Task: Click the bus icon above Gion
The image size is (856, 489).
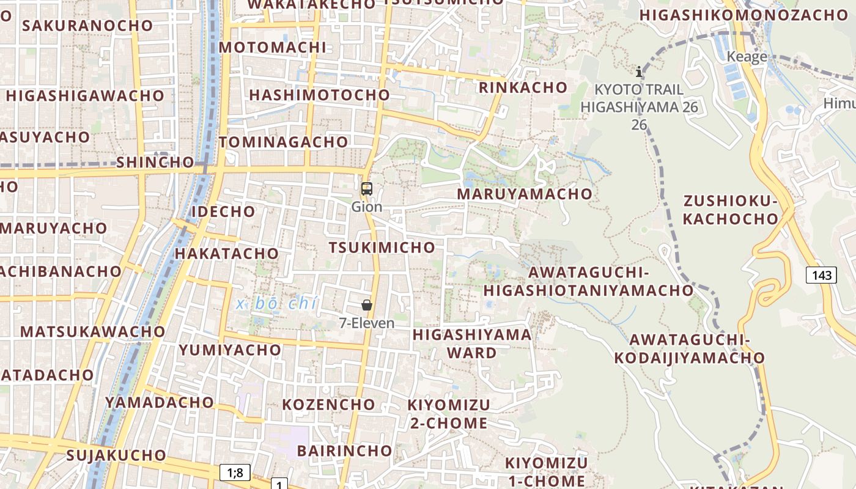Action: [x=367, y=189]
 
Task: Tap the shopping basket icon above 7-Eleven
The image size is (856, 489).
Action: [x=367, y=305]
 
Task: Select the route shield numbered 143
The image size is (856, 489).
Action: [x=821, y=275]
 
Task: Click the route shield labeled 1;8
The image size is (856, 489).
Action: [x=235, y=472]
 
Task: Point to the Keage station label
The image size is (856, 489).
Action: [x=747, y=57]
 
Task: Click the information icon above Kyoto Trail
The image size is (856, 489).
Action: [x=639, y=72]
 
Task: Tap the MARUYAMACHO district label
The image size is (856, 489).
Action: [x=525, y=194]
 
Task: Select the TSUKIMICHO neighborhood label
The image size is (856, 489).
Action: [x=382, y=248]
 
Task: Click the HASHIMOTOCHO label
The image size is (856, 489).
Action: [x=319, y=95]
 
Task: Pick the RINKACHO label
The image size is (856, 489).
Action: [x=523, y=87]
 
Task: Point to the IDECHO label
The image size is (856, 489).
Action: [x=223, y=211]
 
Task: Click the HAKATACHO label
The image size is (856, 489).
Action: [x=227, y=253]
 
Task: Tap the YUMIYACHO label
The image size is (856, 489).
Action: [x=230, y=350]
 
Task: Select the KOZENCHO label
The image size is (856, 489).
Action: [x=328, y=405]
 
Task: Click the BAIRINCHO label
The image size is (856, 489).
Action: [x=344, y=451]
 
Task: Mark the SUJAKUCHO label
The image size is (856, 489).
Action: [x=116, y=455]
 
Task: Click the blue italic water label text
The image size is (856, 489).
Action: [x=278, y=303]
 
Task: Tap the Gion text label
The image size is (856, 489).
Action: [x=367, y=207]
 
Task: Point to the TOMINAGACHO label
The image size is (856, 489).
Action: [x=283, y=142]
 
